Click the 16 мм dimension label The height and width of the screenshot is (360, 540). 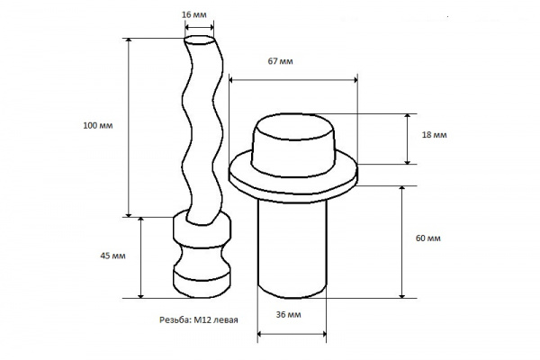[x=194, y=14]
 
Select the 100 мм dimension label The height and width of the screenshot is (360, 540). [x=98, y=125]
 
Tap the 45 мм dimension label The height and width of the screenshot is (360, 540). [x=112, y=256]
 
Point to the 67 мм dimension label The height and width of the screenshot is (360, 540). [x=280, y=61]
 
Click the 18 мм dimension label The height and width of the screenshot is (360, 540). [x=435, y=135]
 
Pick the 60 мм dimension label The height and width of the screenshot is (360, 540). [x=428, y=238]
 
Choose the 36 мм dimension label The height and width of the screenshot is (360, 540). [x=289, y=314]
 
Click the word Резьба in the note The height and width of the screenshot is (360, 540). [x=175, y=320]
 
